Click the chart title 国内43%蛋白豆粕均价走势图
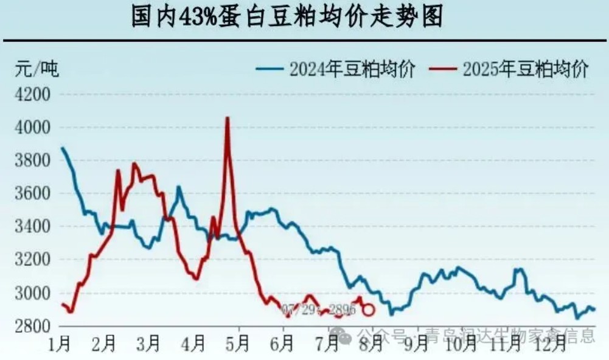(x=287, y=16)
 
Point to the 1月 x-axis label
(x=60, y=344)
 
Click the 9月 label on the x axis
(x=415, y=344)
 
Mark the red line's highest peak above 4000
(x=227, y=119)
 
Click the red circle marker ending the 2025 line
(x=369, y=310)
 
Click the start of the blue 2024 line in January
(x=62, y=148)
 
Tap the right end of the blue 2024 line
(x=594, y=310)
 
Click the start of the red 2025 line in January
(x=62, y=305)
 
